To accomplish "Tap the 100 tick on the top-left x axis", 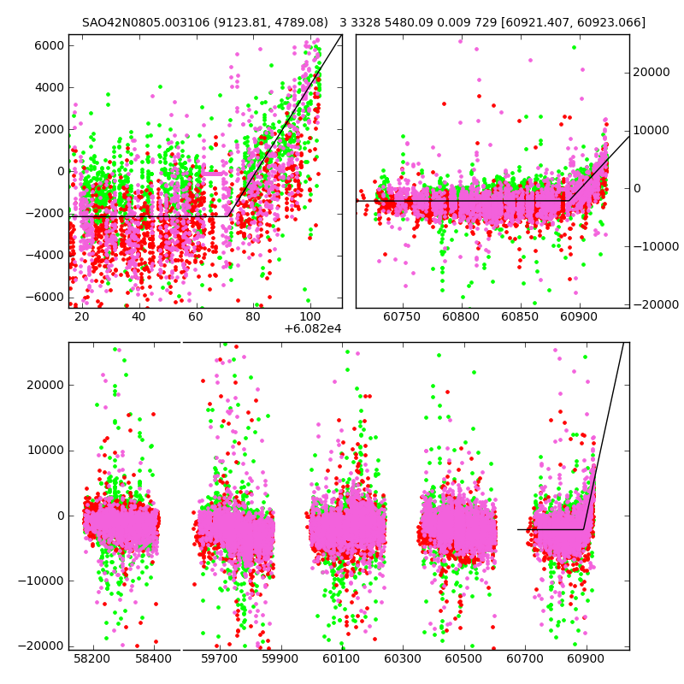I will coord(310,317).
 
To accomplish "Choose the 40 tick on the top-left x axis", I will coord(139,317).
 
